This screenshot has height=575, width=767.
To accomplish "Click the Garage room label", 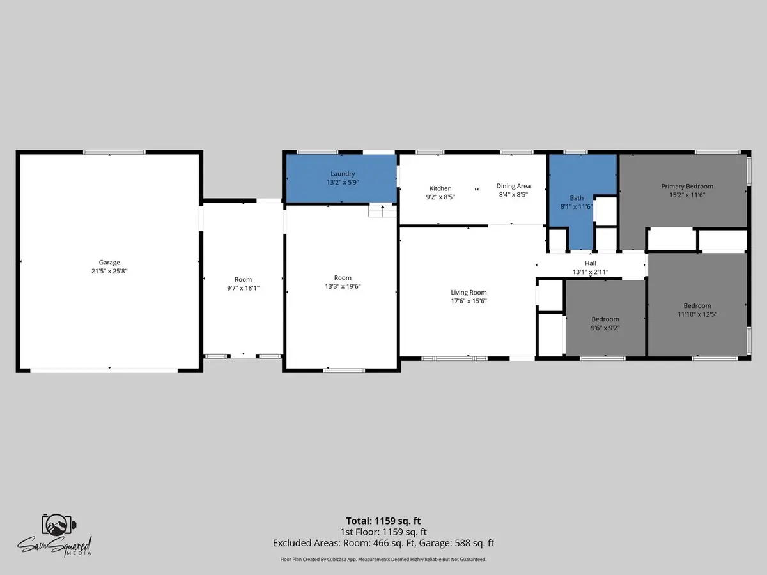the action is coord(109,262).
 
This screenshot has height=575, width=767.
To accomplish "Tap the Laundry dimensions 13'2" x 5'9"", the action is coord(343,182).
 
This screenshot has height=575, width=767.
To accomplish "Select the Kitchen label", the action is coord(440,188).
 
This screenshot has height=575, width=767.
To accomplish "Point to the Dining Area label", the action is coord(513,186).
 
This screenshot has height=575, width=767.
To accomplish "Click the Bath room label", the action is coord(577,198).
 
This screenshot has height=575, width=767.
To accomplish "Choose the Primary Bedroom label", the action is coord(687,187).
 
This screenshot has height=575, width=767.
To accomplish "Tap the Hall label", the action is coord(591,263).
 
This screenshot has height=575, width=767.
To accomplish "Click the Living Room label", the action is coord(469,293).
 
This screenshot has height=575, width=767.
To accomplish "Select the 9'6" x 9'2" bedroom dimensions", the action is coord(605,328).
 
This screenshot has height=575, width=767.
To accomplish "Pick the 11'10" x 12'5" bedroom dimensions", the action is coord(697,314).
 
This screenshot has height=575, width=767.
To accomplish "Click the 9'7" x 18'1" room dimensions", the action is coord(244,288).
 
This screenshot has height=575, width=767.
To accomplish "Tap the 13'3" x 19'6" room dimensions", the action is coord(343,286).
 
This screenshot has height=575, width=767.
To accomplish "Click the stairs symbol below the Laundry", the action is coord(382,211).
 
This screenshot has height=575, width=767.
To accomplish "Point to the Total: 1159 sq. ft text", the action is coord(383,521).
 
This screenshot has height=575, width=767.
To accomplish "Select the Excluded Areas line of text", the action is coord(383,543).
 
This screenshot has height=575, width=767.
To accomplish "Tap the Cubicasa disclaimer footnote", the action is coord(383,559).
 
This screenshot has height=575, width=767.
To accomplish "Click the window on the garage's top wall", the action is coord(114,152).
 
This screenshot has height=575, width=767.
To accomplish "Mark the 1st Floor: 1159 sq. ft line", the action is coord(383,532).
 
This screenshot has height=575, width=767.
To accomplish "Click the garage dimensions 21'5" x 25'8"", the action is coord(109,271).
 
